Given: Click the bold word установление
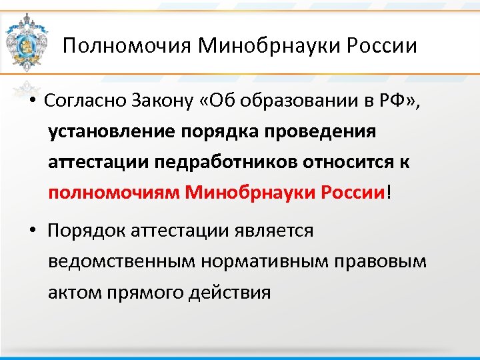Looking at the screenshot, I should [110, 132].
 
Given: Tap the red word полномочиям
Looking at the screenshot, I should [114, 193].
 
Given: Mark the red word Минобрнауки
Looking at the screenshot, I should [250, 193].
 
